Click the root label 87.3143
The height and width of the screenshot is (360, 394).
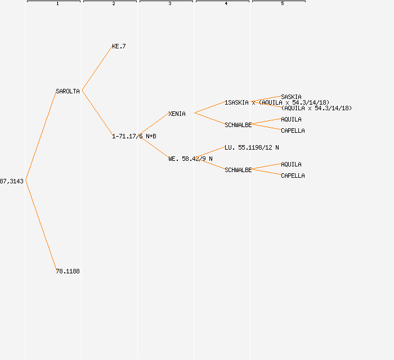click(12, 181)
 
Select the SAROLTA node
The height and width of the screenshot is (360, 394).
click(68, 91)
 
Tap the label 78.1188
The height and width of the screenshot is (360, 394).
click(68, 271)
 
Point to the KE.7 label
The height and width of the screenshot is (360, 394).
click(119, 46)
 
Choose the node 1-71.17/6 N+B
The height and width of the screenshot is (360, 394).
click(134, 136)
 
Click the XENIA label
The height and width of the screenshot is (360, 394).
click(177, 114)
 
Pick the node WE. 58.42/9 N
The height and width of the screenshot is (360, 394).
click(190, 159)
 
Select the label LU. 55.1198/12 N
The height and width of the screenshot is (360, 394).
click(252, 147)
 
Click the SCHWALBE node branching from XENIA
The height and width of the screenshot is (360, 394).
click(238, 125)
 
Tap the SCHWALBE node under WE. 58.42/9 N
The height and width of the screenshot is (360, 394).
click(238, 170)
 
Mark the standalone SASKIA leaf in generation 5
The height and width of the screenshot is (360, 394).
click(291, 97)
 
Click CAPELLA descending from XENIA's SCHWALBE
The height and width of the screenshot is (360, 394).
click(293, 130)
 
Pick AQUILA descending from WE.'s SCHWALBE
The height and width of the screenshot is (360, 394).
click(291, 164)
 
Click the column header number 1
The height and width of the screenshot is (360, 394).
click(57, 4)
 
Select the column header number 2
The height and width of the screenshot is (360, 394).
click(114, 4)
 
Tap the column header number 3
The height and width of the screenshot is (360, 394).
click(170, 4)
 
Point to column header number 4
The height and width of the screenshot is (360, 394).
click(226, 4)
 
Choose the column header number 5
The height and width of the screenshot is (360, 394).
click(283, 4)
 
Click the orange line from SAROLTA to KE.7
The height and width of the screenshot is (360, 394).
click(97, 69)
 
